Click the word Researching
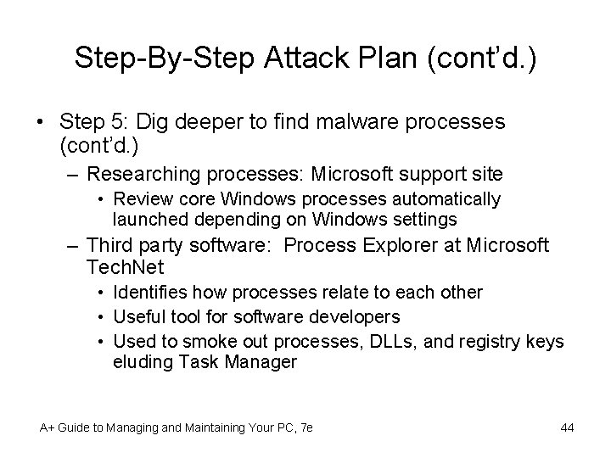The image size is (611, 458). pyautogui.click(x=142, y=175)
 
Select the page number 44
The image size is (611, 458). pyautogui.click(x=567, y=427)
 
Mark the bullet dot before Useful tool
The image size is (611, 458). pyautogui.click(x=101, y=317)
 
